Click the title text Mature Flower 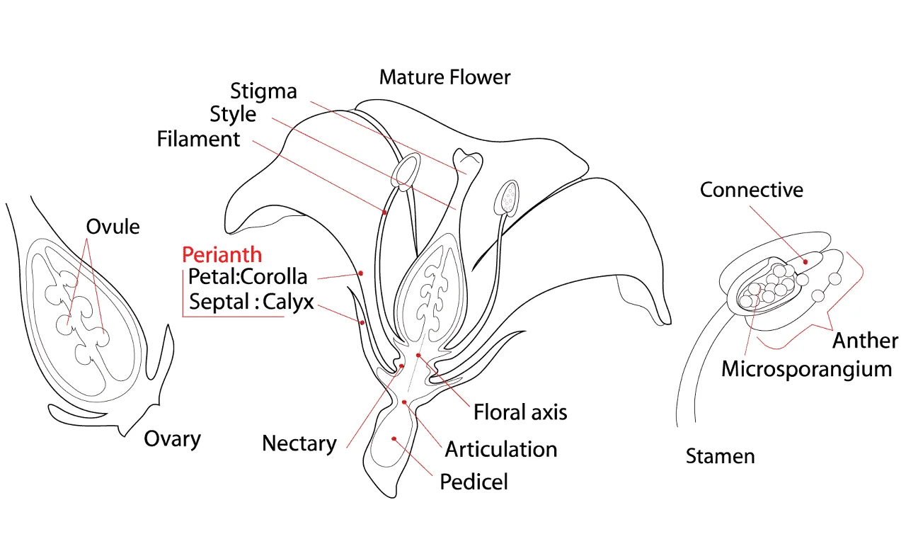pyautogui.click(x=445, y=77)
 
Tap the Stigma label pyautogui.click(x=263, y=92)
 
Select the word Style pyautogui.click(x=233, y=115)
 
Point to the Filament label pyautogui.click(x=198, y=139)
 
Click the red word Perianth pyautogui.click(x=222, y=254)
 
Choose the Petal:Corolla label pyautogui.click(x=248, y=276)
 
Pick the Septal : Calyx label pyautogui.click(x=251, y=302)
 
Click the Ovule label pyautogui.click(x=113, y=227)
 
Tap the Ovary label pyautogui.click(x=172, y=440)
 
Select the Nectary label pyautogui.click(x=299, y=444)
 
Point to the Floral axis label pyautogui.click(x=520, y=412)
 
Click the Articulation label pyautogui.click(x=500, y=449)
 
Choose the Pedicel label pyautogui.click(x=474, y=482)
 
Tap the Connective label pyautogui.click(x=752, y=190)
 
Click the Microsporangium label pyautogui.click(x=806, y=370)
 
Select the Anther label pyautogui.click(x=865, y=341)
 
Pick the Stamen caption pyautogui.click(x=721, y=456)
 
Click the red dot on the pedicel pyautogui.click(x=394, y=438)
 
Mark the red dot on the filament pyautogui.click(x=384, y=212)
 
